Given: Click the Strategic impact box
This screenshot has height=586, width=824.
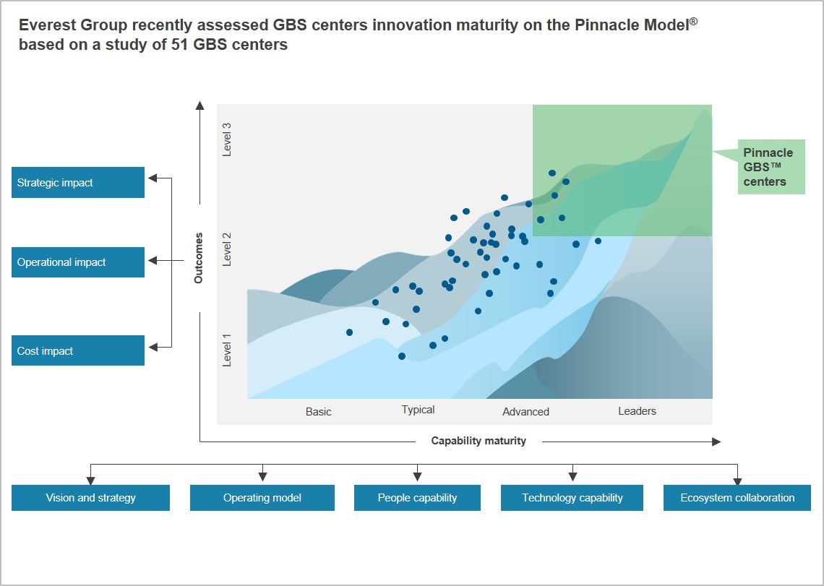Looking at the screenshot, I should [x=78, y=183].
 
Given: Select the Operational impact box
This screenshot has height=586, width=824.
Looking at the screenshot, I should [x=78, y=262].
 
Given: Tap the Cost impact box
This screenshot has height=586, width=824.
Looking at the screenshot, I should [x=78, y=351].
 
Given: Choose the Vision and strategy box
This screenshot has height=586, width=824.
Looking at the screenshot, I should [x=90, y=498].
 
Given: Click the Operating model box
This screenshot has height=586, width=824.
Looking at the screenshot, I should [x=262, y=498].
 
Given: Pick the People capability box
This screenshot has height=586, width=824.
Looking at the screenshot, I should [x=417, y=498].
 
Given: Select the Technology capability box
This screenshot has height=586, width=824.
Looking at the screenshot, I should [x=572, y=498].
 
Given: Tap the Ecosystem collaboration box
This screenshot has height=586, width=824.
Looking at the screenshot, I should [x=737, y=498].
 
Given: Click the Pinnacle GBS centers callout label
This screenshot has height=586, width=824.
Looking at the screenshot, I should [x=768, y=167].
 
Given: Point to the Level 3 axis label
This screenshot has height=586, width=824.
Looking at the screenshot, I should [x=227, y=139].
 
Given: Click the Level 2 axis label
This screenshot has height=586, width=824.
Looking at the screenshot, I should [x=227, y=249].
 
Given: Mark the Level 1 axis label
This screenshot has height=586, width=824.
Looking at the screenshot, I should [x=227, y=350].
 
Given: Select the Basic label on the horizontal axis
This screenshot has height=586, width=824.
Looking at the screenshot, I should [x=318, y=412].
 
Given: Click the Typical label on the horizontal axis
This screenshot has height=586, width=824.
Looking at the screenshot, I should [x=418, y=410].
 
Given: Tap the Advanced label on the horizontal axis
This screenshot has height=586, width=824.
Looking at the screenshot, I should [x=525, y=412].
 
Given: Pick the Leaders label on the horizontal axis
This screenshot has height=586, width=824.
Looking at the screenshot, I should [x=637, y=411].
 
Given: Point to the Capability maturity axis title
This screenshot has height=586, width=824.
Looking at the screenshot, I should [x=478, y=441].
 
